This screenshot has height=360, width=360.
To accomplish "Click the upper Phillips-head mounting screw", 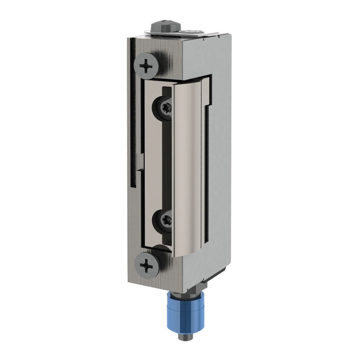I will (x=146, y=66).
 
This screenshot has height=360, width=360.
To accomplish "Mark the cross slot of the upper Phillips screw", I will (x=146, y=66).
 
